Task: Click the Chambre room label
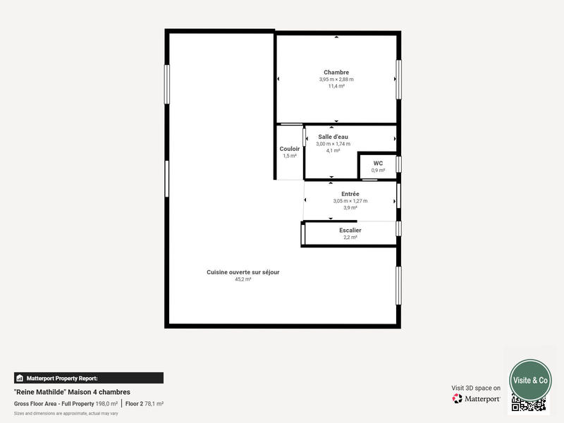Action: pos(336,73)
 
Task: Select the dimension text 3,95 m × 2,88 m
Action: pos(336,80)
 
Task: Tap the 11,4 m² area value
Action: pos(336,86)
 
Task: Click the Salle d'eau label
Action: pos(333,137)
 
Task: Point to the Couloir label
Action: pos(290,149)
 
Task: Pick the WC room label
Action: pos(378,163)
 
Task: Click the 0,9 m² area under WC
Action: pos(378,170)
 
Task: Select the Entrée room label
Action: pos(350,194)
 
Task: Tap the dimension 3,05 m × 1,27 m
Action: pos(350,201)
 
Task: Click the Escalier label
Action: pos(350,231)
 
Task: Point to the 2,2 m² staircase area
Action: pos(350,238)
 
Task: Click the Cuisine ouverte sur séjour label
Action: pos(243,272)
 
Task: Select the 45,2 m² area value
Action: pos(243,279)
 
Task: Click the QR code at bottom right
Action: pos(529,404)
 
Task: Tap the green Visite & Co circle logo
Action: pos(530,380)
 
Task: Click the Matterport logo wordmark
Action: pos(477,399)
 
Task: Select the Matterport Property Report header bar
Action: pos(89,378)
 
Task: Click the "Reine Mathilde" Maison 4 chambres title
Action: pos(72,392)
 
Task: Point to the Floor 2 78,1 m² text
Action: pos(145,404)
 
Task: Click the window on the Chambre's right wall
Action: pos(398,79)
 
